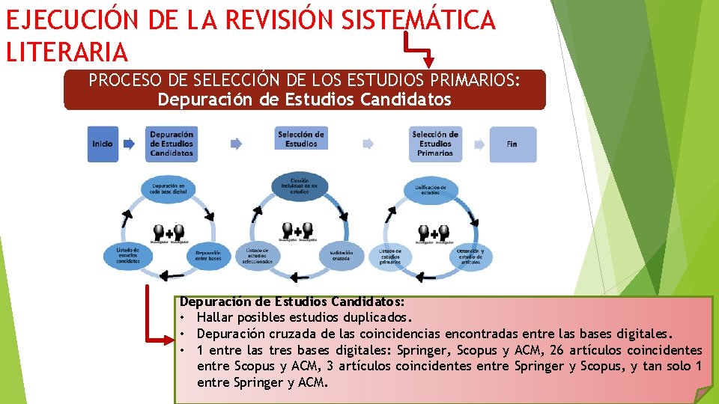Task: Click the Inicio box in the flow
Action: coord(103,144)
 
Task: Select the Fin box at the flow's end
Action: coord(512,144)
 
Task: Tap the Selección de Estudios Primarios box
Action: coord(435,144)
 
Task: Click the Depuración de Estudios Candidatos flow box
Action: coord(172,144)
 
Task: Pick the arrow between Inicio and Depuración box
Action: coord(130,144)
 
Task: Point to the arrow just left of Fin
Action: coord(476,144)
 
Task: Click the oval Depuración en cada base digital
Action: coord(169,189)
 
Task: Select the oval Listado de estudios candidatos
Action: coord(127,256)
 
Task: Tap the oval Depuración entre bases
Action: coord(207,256)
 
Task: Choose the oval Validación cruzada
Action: coord(342,256)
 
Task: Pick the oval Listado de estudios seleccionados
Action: coord(258,256)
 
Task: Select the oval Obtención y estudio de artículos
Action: coord(470,256)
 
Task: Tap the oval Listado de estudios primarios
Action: coord(389,256)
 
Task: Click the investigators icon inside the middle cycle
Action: coord(298,232)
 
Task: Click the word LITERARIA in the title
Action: coord(67,52)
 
